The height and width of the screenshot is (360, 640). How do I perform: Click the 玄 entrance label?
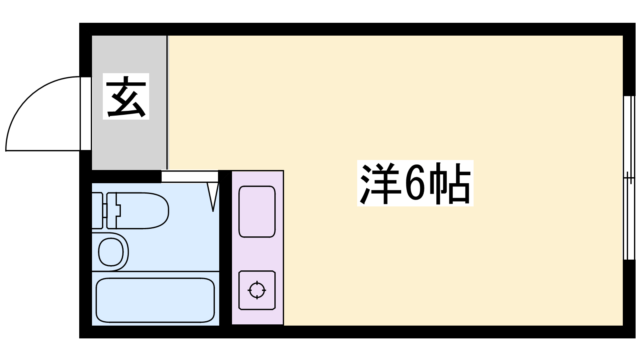pos(126,96)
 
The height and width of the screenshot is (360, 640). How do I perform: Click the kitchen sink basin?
pos(257,212)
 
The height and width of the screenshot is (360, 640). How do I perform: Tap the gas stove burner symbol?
pos(257,290)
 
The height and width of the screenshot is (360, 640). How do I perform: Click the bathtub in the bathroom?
pos(155,300)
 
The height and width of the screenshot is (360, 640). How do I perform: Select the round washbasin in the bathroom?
pos(111,252)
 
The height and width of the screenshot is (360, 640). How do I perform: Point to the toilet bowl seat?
pos(142,210)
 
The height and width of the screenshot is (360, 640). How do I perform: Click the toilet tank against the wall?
pos(97,210)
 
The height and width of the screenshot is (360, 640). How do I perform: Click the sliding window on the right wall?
pos(629,178)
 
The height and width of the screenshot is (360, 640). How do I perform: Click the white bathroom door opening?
pos(190,176)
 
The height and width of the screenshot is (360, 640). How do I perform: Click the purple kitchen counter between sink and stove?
pos(257,254)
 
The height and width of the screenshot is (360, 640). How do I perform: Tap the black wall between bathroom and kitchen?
pos(226,248)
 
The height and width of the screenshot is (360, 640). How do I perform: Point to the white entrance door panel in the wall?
pos(86,114)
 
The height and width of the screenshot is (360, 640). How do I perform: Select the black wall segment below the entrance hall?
pos(126,176)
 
